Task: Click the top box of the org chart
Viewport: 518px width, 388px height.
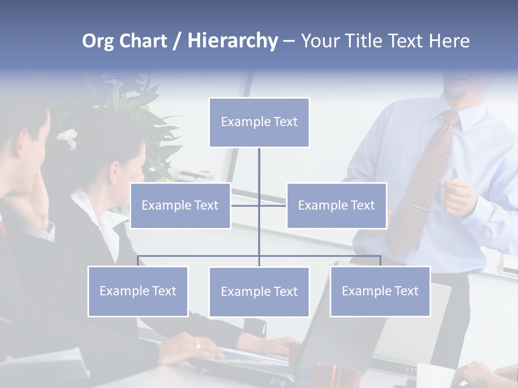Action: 259,122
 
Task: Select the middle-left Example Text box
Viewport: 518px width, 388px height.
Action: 180,205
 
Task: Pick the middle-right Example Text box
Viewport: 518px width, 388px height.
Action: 336,205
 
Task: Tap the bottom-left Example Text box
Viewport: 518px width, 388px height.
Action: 138,291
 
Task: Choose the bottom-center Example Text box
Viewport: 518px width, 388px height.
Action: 259,292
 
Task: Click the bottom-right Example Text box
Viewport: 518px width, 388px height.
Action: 380,291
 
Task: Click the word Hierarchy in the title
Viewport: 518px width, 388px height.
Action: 232,41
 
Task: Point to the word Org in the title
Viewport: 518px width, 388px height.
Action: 98,41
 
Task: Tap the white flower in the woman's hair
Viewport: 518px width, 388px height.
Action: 67,137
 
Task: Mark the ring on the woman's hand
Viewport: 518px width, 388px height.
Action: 198,345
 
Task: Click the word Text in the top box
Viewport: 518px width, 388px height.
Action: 285,122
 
